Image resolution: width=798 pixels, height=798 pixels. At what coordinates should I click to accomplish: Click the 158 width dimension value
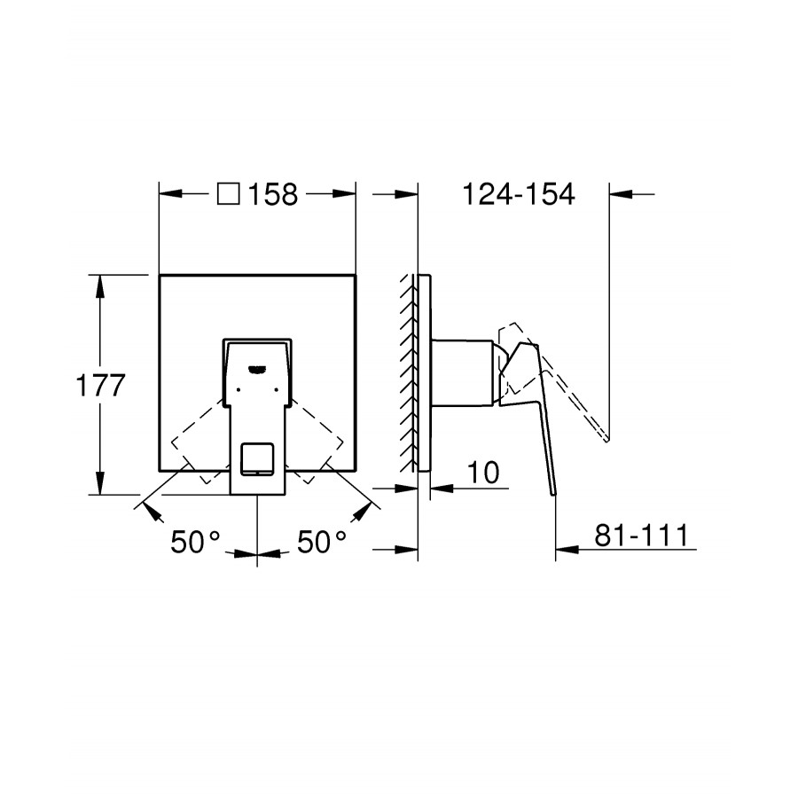tap(273, 194)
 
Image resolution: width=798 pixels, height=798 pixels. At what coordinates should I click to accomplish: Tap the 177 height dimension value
tap(100, 386)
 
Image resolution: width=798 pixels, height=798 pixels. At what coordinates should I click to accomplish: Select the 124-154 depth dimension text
tap(518, 194)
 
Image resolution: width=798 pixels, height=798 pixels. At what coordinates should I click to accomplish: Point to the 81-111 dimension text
tap(641, 535)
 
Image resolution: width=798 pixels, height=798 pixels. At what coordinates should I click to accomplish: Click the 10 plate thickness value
tap(483, 473)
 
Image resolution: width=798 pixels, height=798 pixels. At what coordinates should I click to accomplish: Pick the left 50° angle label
tap(195, 542)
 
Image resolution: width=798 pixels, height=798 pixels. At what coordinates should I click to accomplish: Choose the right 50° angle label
tap(322, 542)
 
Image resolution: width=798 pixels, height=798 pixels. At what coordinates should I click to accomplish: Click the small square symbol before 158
tap(229, 194)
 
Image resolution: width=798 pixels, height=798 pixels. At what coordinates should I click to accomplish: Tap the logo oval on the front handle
tap(257, 369)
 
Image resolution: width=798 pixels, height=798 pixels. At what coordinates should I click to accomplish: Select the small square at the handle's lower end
tap(257, 459)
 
